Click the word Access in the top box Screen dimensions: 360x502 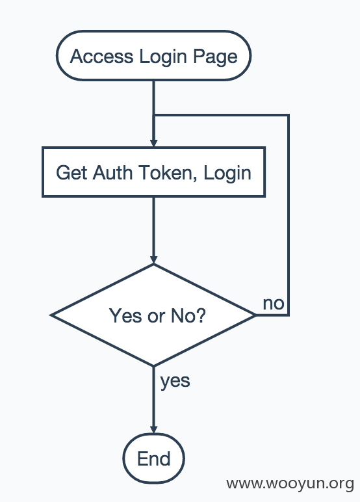coord(101,57)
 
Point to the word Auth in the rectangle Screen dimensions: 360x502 coord(112,173)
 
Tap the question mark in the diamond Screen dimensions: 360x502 coord(200,315)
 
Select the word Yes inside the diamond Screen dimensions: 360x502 coord(125,315)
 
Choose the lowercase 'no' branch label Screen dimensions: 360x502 coord(274,304)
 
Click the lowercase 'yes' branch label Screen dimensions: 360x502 coord(175,382)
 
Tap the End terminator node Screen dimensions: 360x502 coord(153,458)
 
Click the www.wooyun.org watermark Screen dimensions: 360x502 coord(290,484)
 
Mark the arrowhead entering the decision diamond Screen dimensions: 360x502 coord(153,259)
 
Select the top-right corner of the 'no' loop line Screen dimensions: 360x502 coord(289,115)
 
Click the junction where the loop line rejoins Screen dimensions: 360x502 coord(154,115)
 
